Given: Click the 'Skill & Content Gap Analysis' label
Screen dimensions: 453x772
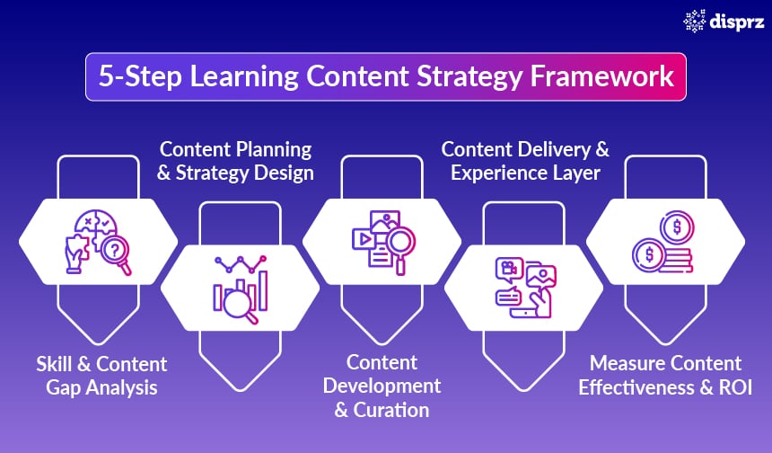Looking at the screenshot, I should click(101, 376).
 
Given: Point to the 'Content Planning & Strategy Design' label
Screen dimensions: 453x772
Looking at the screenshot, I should click(235, 161).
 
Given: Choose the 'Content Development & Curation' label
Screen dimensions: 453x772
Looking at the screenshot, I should click(382, 386).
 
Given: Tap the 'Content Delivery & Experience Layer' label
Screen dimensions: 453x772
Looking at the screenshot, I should click(525, 161).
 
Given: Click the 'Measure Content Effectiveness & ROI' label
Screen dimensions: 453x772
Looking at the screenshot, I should click(665, 376).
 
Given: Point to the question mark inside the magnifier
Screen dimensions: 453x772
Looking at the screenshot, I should click(114, 253).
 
